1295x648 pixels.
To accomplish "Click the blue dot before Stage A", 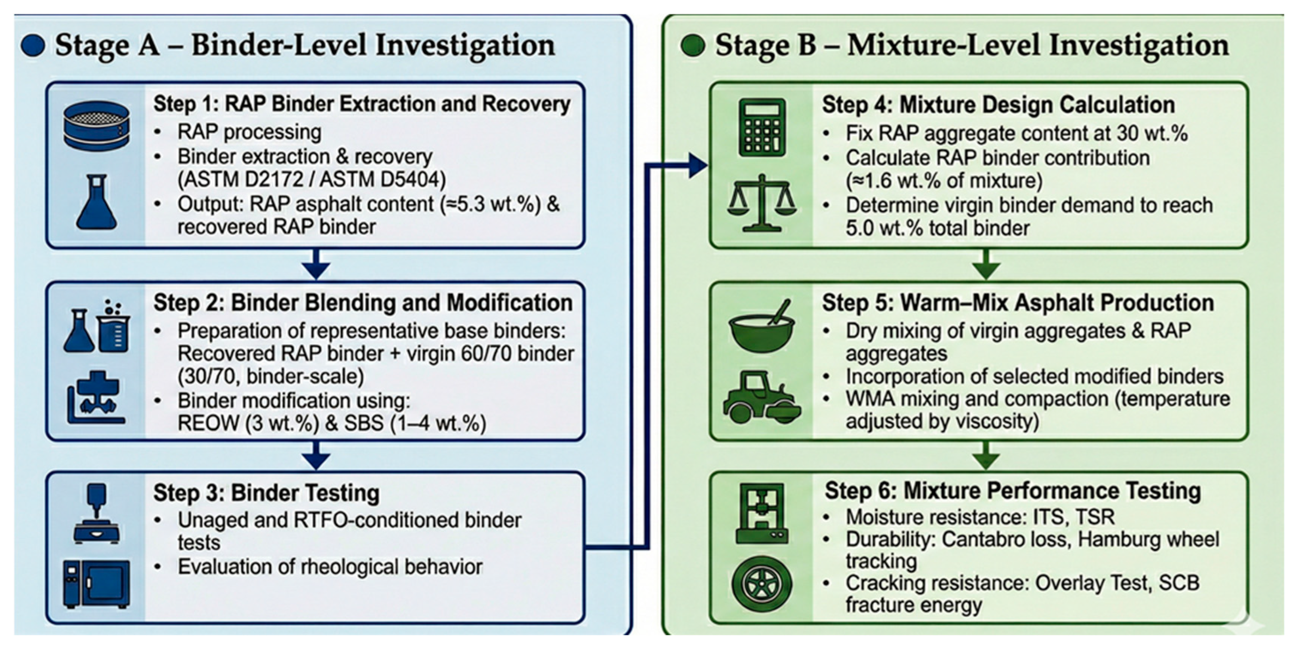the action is (33, 45).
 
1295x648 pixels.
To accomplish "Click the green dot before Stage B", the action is (693, 45).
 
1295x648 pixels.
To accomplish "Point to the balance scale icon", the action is (762, 203).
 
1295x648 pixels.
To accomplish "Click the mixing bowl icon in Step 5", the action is (762, 326).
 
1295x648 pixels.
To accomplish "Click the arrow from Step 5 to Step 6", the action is (986, 455).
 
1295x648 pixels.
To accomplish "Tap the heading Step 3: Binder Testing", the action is (267, 493).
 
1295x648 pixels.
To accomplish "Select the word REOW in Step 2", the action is (208, 423).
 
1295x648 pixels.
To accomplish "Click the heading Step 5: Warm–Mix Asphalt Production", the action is (1018, 303).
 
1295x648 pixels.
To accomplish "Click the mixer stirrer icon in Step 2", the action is (96, 397).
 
